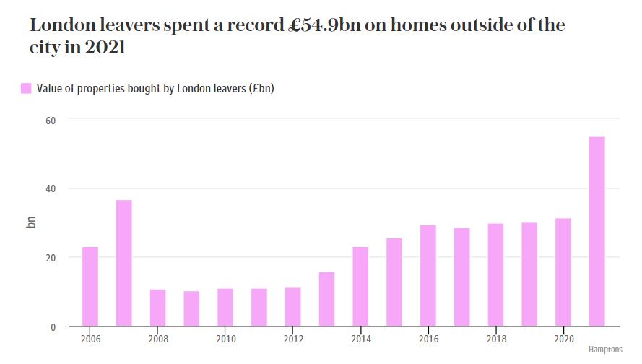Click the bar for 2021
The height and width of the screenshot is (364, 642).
[597, 232]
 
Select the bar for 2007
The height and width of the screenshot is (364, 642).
[124, 264]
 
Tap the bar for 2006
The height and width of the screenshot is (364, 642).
[90, 287]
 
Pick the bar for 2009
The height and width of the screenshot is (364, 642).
[191, 309]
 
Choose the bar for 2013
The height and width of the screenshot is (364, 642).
[326, 299]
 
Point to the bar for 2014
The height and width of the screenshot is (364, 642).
[360, 287]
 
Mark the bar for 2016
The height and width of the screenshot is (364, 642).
[428, 276]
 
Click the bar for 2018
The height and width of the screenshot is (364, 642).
[495, 275]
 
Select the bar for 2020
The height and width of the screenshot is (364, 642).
[563, 272]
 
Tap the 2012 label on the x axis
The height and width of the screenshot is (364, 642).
[293, 339]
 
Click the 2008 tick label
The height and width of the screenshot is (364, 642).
[158, 339]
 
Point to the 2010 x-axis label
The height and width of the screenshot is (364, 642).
[225, 339]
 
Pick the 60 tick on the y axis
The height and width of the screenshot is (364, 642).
[51, 119]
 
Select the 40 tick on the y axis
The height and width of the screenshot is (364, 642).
[51, 188]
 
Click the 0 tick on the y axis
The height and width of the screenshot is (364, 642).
[53, 327]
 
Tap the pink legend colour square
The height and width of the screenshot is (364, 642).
[26, 89]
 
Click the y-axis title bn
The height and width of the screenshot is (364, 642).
[31, 222]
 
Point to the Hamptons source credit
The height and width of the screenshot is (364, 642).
[604, 350]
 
